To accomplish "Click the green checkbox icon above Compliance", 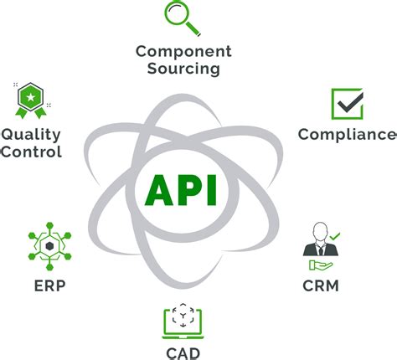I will [346, 104].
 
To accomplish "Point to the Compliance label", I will [347, 134].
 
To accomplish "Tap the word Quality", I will [31, 134].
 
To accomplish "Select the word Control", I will [31, 152].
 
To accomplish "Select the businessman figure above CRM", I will [318, 239].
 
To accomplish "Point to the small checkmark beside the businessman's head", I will [334, 237].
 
